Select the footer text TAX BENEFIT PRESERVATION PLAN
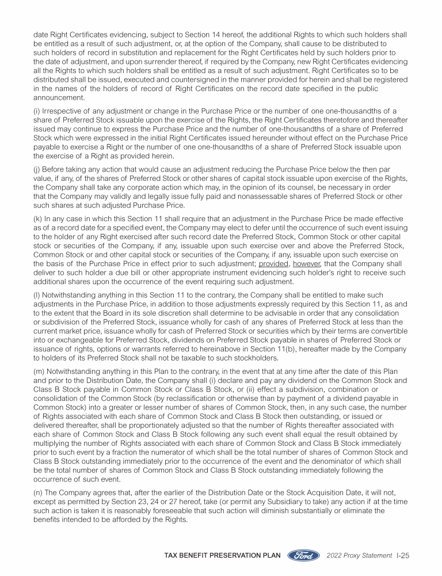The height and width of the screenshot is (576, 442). coord(223,556)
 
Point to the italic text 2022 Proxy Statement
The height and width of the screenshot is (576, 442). coord(351,556)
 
